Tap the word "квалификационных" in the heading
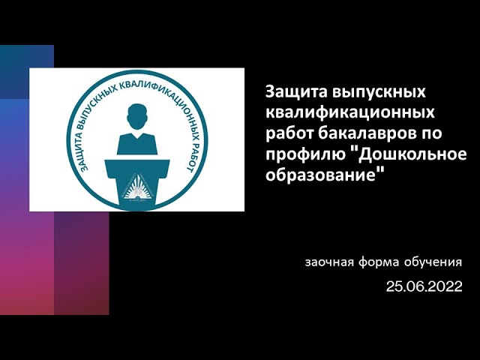(349, 113)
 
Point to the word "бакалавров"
(367, 133)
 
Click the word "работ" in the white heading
(287, 133)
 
